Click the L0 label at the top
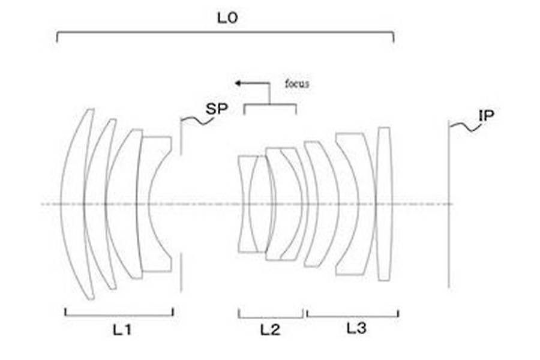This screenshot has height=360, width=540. [x=227, y=18]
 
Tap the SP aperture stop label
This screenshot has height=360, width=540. [x=217, y=109]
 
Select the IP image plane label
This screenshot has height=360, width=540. [x=486, y=116]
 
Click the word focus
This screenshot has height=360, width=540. [x=297, y=84]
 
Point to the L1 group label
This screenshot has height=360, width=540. [x=122, y=330]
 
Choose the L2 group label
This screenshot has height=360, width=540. [x=270, y=330]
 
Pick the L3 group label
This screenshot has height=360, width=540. [x=356, y=328]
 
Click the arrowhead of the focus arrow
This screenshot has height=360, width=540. [x=238, y=83]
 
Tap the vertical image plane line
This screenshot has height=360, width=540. [x=449, y=204]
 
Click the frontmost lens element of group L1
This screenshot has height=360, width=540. [x=62, y=204]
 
